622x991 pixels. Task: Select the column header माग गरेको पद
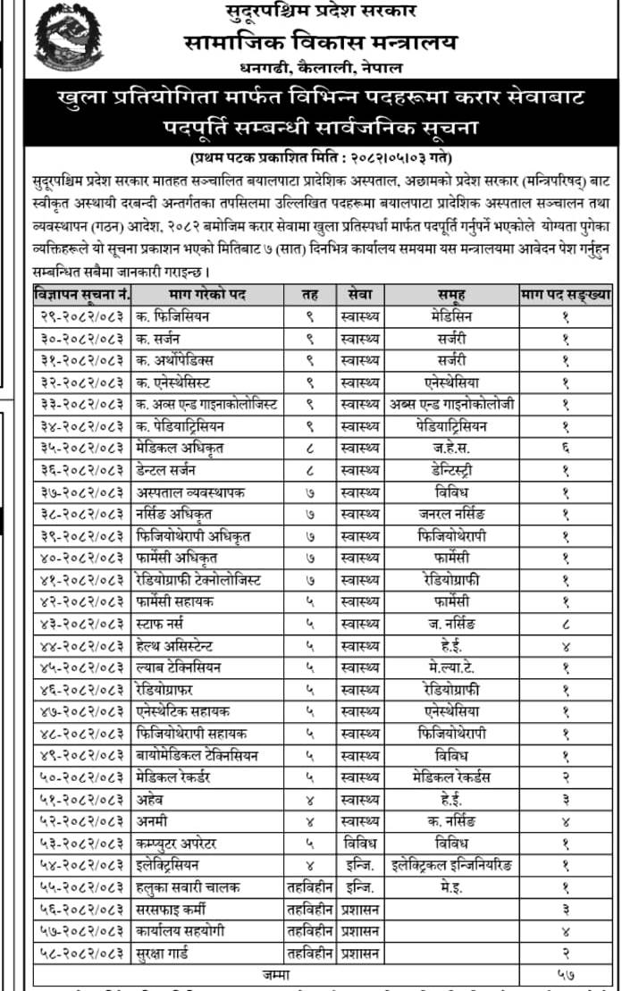[x=207, y=294]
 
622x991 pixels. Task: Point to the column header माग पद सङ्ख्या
[x=567, y=294]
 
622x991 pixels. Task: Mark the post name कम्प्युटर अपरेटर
[x=182, y=842]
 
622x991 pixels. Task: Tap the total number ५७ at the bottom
[x=566, y=973]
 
